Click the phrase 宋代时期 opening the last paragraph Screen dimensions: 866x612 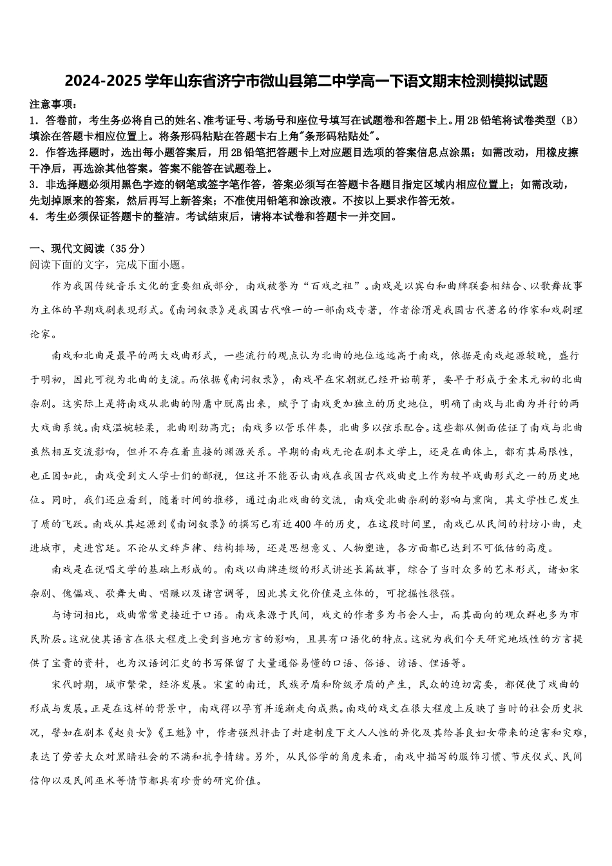point(73,685)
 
